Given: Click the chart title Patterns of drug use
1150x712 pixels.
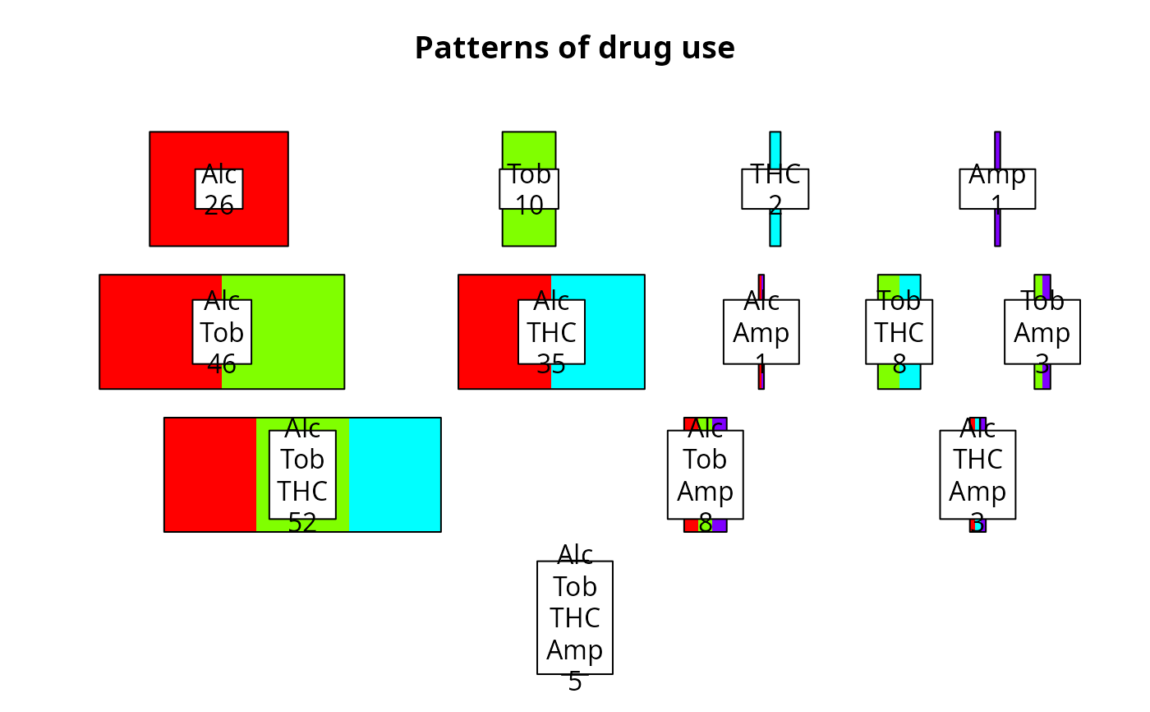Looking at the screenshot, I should click(x=574, y=49).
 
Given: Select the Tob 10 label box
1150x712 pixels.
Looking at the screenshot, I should click(x=529, y=189).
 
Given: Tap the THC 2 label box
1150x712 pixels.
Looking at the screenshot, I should click(x=775, y=189).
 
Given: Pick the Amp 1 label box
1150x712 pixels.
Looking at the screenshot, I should click(x=997, y=189).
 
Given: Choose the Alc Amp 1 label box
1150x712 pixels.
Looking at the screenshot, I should click(x=761, y=331).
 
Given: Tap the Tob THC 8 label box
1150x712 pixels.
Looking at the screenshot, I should click(x=899, y=331).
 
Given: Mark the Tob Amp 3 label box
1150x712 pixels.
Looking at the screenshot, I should click(x=1042, y=331).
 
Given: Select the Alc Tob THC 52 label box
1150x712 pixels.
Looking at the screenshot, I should click(x=302, y=474).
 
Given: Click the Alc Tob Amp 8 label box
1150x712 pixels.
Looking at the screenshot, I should click(x=705, y=474).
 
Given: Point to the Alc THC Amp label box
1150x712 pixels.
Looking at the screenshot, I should click(x=977, y=474).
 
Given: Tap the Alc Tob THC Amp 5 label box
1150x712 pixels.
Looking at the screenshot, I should click(x=575, y=617).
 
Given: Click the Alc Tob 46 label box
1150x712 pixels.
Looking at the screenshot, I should click(x=222, y=331).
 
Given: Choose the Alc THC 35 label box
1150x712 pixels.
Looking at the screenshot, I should click(x=551, y=331).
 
